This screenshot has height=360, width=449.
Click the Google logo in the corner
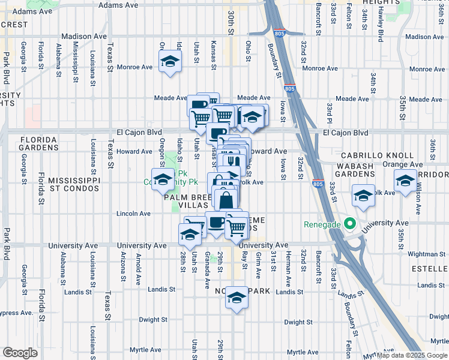20,353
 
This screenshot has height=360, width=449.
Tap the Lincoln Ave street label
134,214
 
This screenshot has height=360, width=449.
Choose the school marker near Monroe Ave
170,62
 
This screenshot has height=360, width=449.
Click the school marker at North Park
237,298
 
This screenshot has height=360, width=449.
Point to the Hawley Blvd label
380,25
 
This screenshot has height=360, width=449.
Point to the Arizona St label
122,266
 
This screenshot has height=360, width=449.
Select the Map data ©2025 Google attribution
411,355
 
